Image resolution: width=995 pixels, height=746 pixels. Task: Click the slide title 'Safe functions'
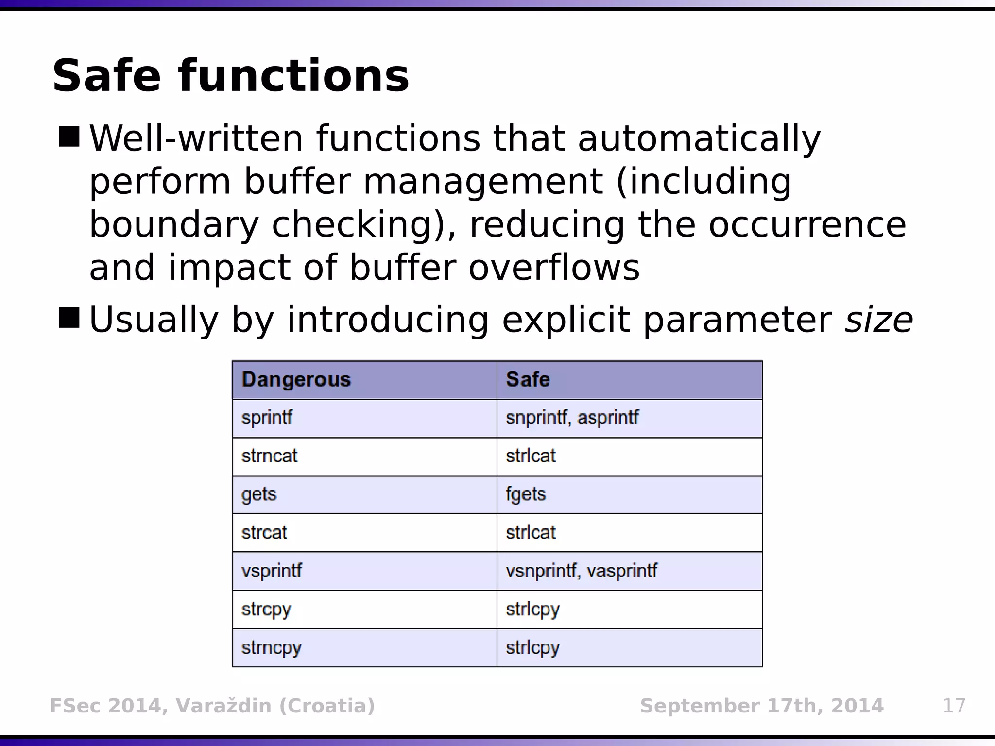(x=230, y=76)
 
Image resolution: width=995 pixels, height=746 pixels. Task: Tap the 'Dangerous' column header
(x=296, y=379)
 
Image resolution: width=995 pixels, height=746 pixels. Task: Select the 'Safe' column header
(x=528, y=379)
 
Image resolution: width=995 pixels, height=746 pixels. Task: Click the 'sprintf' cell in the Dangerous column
(x=267, y=418)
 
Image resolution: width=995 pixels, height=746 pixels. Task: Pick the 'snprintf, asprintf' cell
(x=572, y=418)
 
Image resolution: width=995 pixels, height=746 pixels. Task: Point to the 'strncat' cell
(x=269, y=456)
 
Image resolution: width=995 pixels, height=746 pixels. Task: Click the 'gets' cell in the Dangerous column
(x=258, y=494)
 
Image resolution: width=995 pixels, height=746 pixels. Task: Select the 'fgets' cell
(x=526, y=494)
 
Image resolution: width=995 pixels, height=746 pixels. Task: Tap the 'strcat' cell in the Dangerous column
(x=264, y=533)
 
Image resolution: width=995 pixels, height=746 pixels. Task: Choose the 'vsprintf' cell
(x=271, y=571)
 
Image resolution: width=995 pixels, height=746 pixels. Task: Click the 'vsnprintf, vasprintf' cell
(x=581, y=571)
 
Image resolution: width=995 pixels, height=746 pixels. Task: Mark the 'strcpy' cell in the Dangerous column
(x=266, y=609)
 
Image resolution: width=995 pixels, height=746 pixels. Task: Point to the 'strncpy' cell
(x=271, y=647)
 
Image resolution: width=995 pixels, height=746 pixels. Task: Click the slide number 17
(x=954, y=706)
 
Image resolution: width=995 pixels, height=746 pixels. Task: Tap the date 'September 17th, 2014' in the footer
(x=761, y=706)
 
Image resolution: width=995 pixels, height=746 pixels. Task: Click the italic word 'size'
(x=879, y=320)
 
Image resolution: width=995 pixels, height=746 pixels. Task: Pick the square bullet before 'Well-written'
(x=69, y=136)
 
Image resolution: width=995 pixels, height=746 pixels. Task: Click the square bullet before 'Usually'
(x=69, y=318)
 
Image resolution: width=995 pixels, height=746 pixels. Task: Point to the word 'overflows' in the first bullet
(x=554, y=268)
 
